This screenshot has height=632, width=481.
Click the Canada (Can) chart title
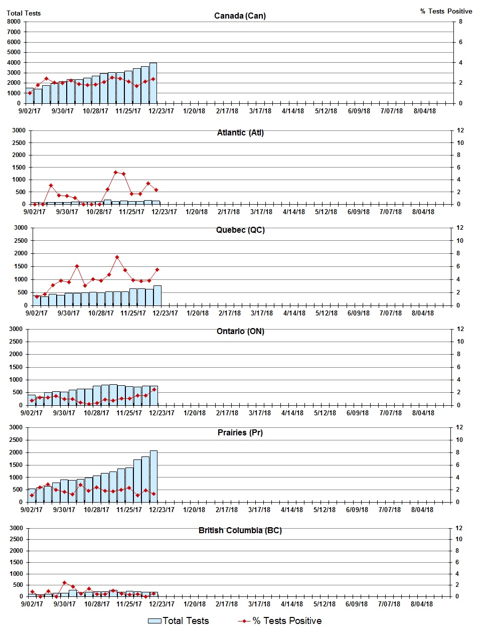point(240,16)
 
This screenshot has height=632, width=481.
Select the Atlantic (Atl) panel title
point(240,132)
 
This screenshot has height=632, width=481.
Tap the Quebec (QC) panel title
point(240,230)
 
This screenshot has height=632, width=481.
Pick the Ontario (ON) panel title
point(240,331)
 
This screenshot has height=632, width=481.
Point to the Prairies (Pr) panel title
point(240,432)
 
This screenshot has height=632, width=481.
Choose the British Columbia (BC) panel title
point(240,530)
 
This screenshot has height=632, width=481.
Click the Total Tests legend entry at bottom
point(179,621)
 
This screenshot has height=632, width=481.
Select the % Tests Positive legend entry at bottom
point(280,621)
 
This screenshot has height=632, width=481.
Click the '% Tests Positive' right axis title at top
point(446,11)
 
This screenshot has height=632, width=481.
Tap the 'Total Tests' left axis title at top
point(24,13)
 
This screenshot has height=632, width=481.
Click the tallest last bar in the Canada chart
point(153,83)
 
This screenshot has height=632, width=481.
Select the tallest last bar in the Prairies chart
point(153,477)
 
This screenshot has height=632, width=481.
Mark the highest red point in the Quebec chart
point(117,257)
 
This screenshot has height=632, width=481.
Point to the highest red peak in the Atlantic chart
point(115,172)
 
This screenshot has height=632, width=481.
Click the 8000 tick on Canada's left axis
point(14,22)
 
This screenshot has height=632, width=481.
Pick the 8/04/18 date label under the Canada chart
point(424,111)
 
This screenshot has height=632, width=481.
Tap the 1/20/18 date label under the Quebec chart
point(197,313)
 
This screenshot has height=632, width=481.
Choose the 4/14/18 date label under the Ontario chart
point(292,413)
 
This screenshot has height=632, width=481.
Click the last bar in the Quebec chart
point(157,295)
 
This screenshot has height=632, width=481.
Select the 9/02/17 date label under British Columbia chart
point(32,604)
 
